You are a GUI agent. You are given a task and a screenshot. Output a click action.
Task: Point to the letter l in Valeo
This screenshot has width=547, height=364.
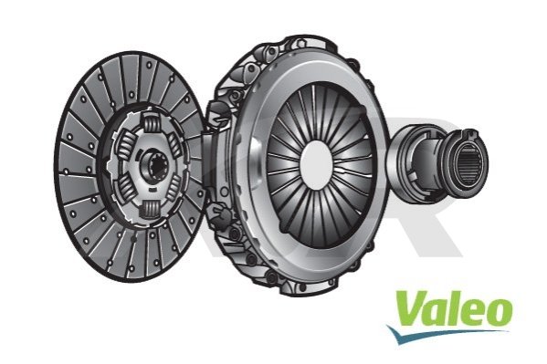(453, 307)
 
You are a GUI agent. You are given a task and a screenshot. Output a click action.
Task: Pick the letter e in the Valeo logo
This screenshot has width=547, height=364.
(471, 312)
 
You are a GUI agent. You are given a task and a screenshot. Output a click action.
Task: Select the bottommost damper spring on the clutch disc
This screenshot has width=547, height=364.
(151, 209)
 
